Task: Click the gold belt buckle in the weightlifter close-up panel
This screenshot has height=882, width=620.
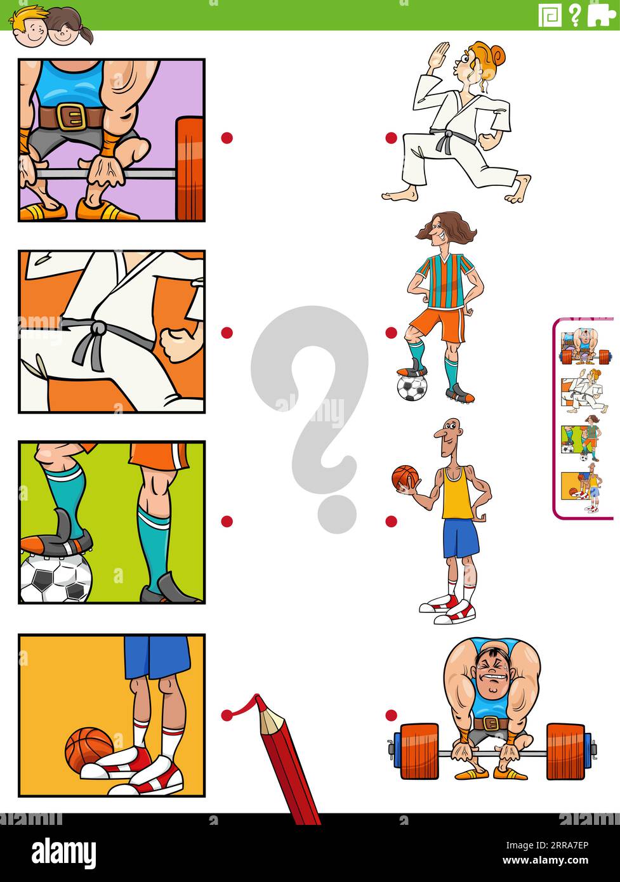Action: click(70, 116)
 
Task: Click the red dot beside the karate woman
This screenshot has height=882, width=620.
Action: click(392, 138)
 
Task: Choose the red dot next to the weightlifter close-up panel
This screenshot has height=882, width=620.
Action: click(227, 138)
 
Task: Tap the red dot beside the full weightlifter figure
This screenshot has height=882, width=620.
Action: click(392, 715)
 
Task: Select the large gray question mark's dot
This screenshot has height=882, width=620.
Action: click(337, 513)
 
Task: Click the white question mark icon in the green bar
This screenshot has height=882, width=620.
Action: click(575, 15)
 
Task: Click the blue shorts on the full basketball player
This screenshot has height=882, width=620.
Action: click(460, 538)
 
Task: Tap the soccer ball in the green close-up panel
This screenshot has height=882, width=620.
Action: click(56, 579)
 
